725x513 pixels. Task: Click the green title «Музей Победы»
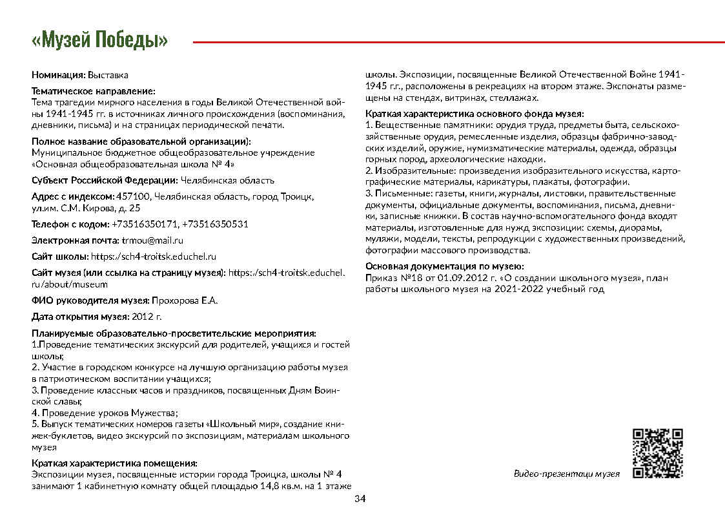point(99,41)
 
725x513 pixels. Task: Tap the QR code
point(657,453)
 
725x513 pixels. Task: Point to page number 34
point(360,499)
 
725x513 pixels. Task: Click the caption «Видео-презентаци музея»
point(566,474)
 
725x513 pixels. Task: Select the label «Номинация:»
point(58,76)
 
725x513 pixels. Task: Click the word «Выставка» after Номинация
point(108,76)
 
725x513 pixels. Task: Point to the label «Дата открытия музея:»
point(80,317)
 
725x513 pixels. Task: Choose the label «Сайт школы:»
point(59,256)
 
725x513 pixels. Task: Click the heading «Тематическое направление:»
point(94,92)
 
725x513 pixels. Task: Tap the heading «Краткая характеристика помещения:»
point(114,463)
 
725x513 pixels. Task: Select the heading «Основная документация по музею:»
point(444,266)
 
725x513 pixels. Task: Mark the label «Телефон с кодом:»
point(70,224)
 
